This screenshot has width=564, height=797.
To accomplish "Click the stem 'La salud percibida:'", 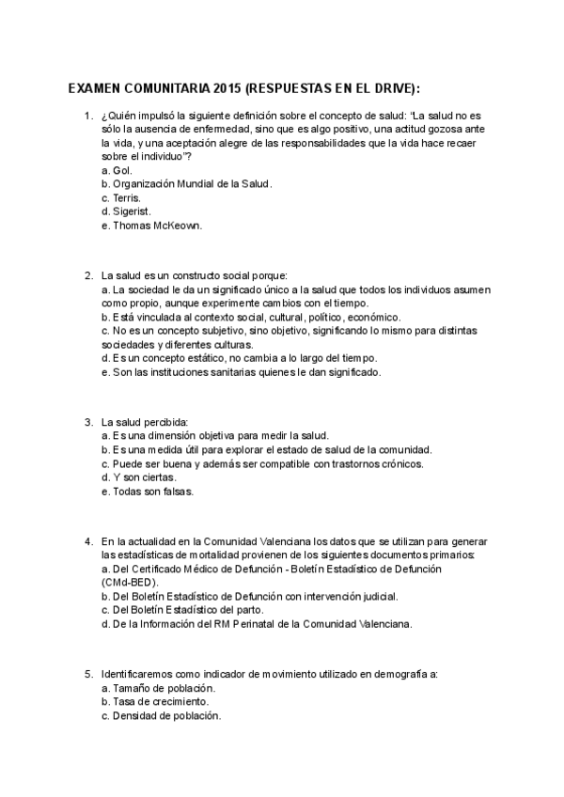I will point(145,421).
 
